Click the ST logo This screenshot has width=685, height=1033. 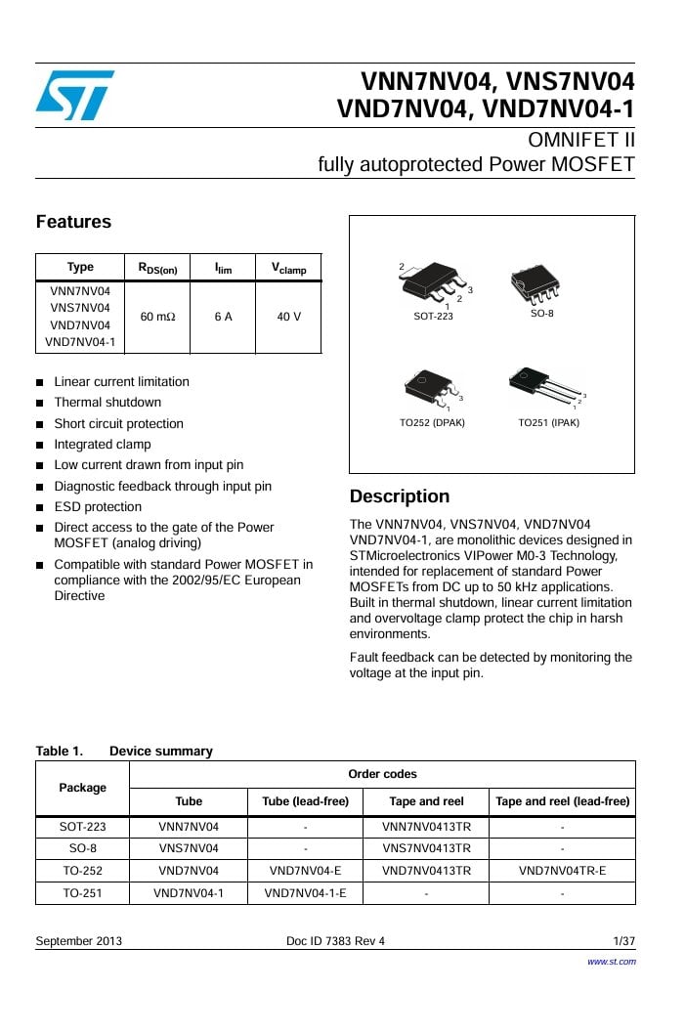click(x=75, y=95)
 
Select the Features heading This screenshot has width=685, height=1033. click(x=73, y=222)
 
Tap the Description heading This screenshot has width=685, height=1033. click(x=399, y=496)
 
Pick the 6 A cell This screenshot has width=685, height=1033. click(x=223, y=317)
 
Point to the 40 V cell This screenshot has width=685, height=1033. click(x=288, y=317)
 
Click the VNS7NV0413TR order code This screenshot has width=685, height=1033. click(x=426, y=847)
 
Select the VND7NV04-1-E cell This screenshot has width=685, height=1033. click(x=305, y=892)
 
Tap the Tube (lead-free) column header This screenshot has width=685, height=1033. click(x=305, y=801)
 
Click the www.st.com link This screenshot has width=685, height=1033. click(x=611, y=962)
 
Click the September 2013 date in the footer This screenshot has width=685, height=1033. click(x=79, y=941)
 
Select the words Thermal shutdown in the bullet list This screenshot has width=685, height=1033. click(x=107, y=403)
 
